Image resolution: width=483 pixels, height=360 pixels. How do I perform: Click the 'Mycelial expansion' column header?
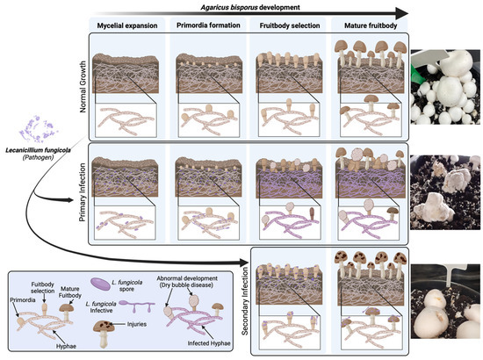tap(129, 26)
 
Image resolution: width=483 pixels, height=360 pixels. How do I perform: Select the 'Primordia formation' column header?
tap(208, 26)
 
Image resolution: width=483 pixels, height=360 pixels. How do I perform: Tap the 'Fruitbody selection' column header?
tap(286, 26)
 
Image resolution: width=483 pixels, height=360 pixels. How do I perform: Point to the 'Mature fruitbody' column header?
tap(364, 26)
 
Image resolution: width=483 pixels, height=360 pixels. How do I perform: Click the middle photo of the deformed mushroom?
tap(445, 191)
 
